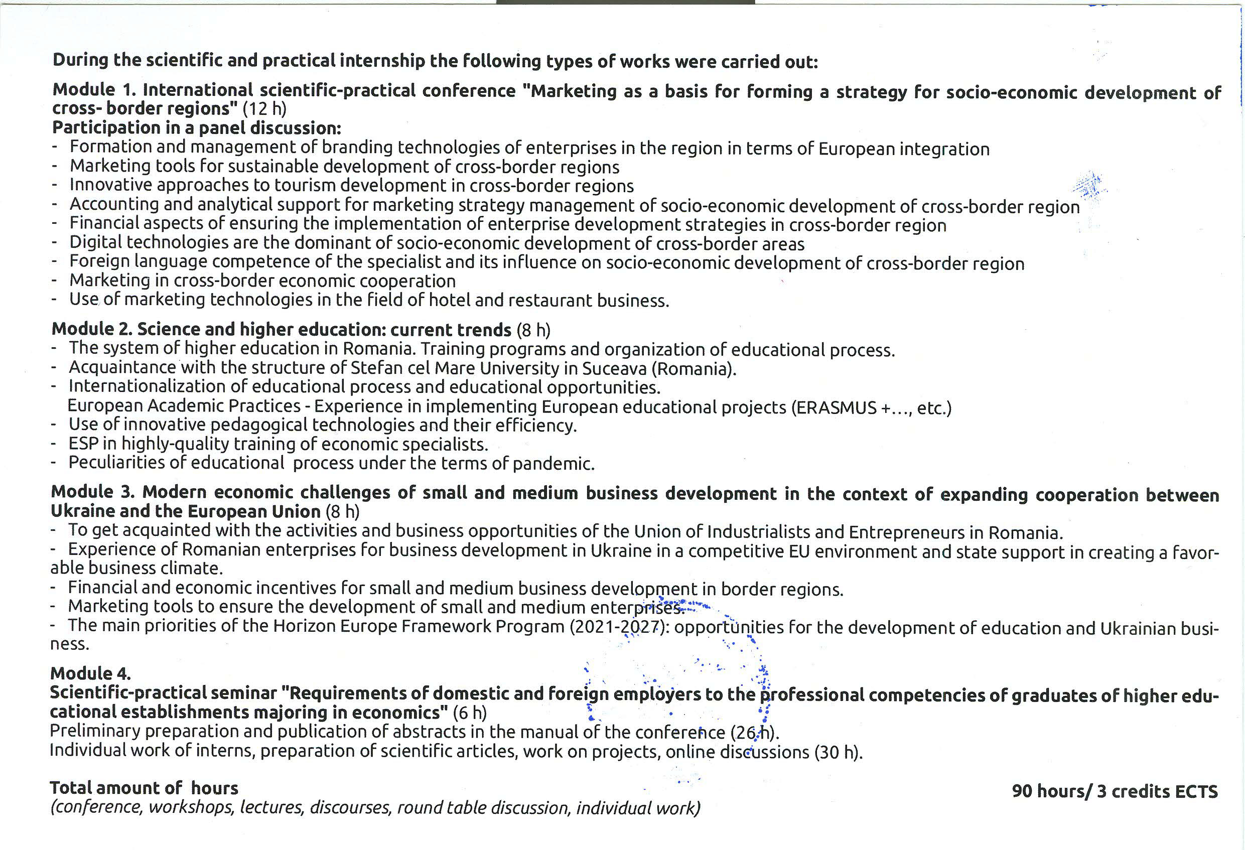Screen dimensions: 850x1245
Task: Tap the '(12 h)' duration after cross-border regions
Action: pos(264,109)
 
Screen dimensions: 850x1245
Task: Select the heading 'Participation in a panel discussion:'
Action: pos(196,128)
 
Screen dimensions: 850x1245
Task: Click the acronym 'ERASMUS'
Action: pos(836,408)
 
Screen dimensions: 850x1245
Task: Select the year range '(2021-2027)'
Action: pos(618,627)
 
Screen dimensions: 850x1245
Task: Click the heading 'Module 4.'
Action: pos(90,673)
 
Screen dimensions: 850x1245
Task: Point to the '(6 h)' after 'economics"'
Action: pos(469,713)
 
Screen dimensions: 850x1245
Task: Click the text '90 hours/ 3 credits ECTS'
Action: pos(1115,791)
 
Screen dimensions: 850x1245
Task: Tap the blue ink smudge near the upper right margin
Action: pos(1088,185)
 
